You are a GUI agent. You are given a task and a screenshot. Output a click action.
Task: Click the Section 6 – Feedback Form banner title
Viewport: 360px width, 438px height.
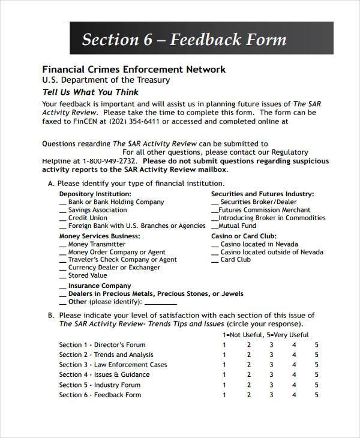tap(184, 40)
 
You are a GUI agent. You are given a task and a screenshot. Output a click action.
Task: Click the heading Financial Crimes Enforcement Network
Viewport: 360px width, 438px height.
tap(134, 69)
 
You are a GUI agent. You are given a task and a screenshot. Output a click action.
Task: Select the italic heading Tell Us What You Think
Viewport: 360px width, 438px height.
tap(90, 92)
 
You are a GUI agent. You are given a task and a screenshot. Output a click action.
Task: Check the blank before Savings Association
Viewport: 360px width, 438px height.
tap(63, 211)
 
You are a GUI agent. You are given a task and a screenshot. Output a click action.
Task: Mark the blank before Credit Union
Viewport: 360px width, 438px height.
tap(63, 218)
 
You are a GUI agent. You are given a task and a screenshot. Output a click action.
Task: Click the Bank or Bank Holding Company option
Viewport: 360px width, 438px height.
tap(116, 202)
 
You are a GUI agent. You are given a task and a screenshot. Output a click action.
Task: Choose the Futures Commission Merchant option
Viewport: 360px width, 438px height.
tap(265, 210)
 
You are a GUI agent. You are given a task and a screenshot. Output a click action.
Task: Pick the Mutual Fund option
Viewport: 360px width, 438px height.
tap(237, 226)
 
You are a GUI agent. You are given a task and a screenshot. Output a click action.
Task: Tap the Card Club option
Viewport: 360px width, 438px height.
tap(235, 260)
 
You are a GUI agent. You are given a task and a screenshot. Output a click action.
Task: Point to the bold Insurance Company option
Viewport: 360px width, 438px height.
tap(99, 286)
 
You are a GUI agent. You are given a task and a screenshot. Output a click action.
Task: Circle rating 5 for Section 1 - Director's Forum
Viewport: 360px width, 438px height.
tap(317, 344)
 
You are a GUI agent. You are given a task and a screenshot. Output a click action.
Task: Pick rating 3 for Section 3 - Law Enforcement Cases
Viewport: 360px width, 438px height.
tap(271, 365)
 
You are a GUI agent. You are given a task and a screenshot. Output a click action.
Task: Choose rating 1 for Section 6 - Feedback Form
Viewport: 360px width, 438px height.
tap(224, 395)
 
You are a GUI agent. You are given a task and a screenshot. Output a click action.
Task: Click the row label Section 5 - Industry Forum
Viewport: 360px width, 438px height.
tap(100, 385)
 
